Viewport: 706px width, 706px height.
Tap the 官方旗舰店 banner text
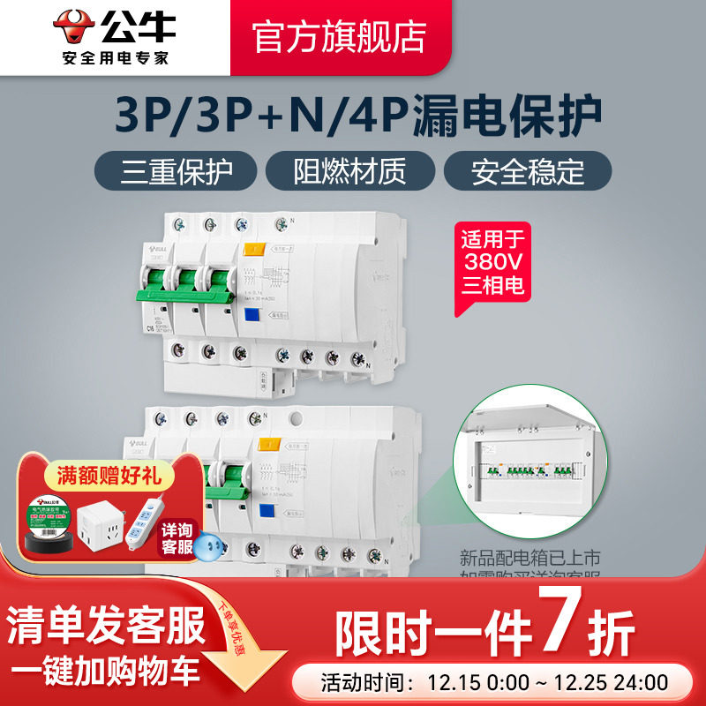tap(340, 36)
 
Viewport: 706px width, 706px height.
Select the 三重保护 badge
tap(176, 170)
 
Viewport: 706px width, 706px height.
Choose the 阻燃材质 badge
tap(350, 170)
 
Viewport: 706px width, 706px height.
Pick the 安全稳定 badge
tap(528, 170)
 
